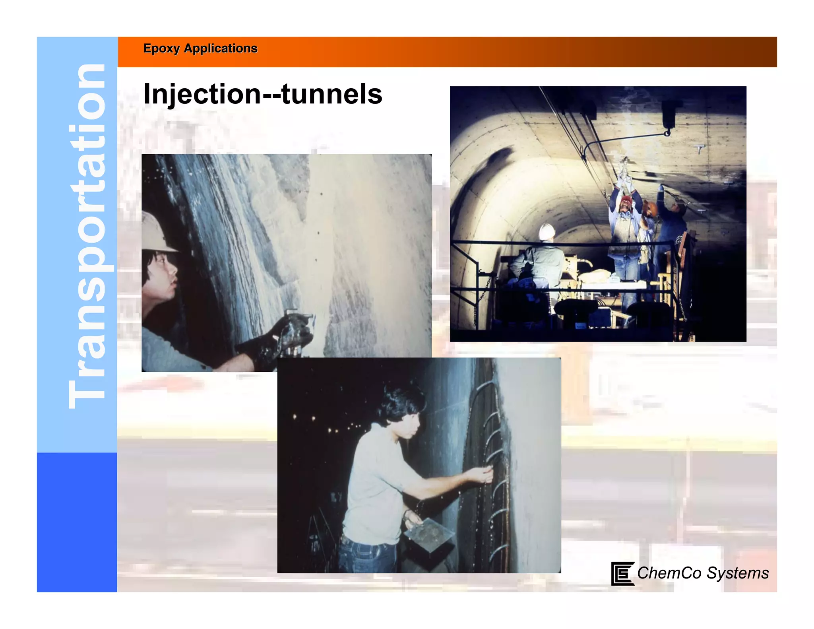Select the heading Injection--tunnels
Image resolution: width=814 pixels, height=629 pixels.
(262, 94)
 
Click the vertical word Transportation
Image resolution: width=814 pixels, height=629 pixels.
(87, 237)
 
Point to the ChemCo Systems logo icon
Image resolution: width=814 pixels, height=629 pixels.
(622, 573)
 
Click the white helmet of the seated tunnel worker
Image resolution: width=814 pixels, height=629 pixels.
(547, 231)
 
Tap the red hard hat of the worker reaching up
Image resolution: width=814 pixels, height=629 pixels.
(626, 198)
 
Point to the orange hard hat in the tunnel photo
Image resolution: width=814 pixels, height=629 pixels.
(650, 208)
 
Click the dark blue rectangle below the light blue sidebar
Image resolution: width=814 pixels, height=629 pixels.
(77, 522)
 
